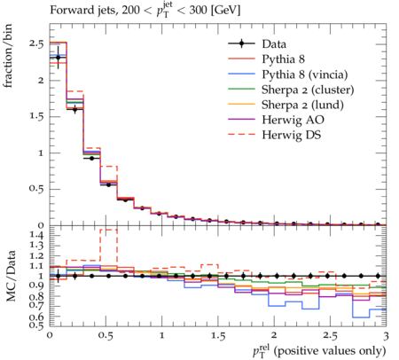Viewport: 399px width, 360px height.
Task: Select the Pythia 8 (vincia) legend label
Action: coord(305,74)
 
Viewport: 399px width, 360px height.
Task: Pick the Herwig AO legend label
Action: coord(293,120)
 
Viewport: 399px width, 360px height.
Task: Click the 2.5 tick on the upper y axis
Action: coord(36,43)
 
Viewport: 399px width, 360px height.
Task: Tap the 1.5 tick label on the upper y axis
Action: coord(36,116)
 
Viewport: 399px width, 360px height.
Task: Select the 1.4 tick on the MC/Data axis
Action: coord(36,235)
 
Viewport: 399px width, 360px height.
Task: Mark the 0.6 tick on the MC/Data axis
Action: coord(36,317)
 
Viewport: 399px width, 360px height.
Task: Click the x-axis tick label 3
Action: coord(386,336)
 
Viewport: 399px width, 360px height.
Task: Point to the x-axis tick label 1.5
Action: coord(218,336)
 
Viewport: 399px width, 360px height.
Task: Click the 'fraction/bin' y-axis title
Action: coord(8,56)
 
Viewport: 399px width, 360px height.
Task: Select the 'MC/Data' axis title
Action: coord(11,276)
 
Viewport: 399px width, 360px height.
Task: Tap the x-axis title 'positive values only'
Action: coord(330,351)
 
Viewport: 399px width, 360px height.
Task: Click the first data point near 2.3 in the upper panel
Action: coord(59,58)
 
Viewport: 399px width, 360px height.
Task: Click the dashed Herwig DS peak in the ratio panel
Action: coord(109,230)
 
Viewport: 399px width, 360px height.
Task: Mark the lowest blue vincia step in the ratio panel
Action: coord(361,317)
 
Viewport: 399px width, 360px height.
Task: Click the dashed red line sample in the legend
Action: coord(241,135)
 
